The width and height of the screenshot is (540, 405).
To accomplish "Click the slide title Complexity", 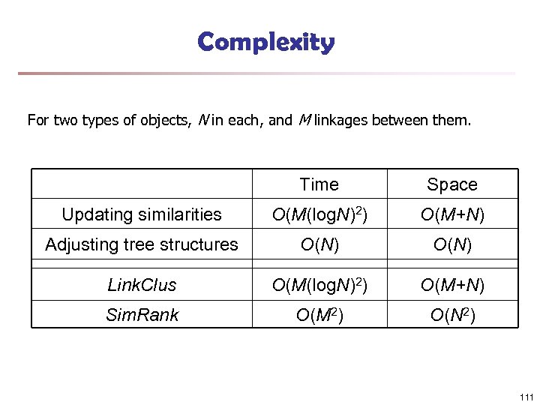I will point(266,42).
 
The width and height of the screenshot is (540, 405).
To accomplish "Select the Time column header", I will point(319,184).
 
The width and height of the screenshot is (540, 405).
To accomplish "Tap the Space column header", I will point(452,184).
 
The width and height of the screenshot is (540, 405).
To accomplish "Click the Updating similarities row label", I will point(142,214).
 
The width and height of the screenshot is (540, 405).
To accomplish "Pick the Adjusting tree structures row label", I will point(142,244).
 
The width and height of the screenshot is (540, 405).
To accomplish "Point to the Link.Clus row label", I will point(142,285).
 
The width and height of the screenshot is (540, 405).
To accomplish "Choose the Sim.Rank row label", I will point(142,315).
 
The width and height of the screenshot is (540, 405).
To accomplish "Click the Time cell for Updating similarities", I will point(319,215).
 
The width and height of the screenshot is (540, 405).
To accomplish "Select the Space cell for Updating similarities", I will point(452,215).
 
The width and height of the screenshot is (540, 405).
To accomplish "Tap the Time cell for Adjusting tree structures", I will point(319,244).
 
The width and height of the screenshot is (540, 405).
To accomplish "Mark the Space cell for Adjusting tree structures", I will point(452,244).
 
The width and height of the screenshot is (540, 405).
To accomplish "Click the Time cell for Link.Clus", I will point(319,285).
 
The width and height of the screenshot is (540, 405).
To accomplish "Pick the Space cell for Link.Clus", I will point(452,285).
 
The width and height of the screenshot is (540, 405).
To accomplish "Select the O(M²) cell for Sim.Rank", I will point(319,315).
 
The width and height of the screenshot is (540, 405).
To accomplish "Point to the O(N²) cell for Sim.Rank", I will point(452,315).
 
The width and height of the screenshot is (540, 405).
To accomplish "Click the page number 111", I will point(525,397).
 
